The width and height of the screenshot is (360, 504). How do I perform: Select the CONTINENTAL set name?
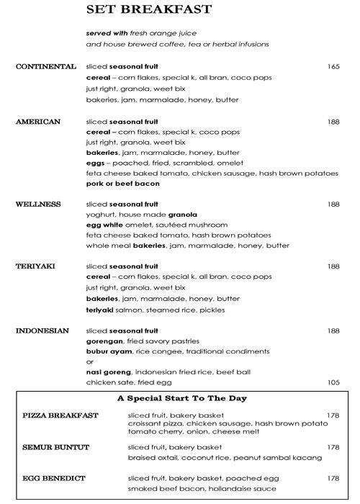coord(45,67)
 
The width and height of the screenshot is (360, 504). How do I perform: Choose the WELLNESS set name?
coord(39,204)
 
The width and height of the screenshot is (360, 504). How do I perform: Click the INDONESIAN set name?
coord(42,330)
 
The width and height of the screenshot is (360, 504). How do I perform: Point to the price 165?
coord(333,67)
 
